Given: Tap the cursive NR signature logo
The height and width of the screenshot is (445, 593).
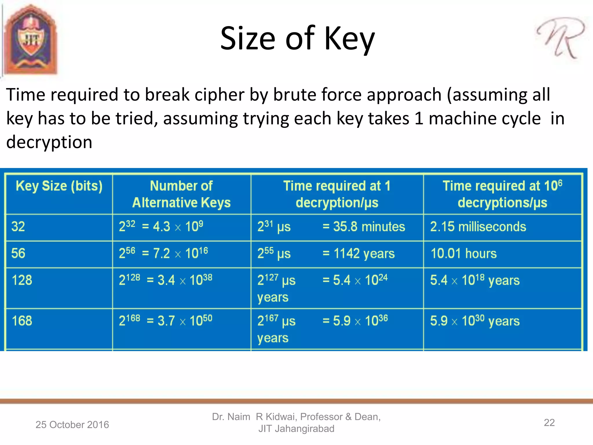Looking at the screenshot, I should pos(561,38).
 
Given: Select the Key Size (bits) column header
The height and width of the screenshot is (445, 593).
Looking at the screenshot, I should pos(59,186).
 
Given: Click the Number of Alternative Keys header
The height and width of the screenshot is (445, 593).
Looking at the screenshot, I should pos(181,194).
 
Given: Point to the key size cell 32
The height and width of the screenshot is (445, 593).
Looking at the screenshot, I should pos(18,227).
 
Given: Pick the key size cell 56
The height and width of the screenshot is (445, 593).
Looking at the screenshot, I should pos(18,253).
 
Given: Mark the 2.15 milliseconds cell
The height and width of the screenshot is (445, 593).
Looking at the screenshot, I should pos(478,227).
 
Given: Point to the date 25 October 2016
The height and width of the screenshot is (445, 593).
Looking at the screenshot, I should pos(72,425).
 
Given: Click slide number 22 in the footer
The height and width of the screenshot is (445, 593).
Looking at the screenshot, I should pos(549,423).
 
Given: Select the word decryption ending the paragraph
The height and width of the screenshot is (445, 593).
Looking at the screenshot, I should pos(49,142).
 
